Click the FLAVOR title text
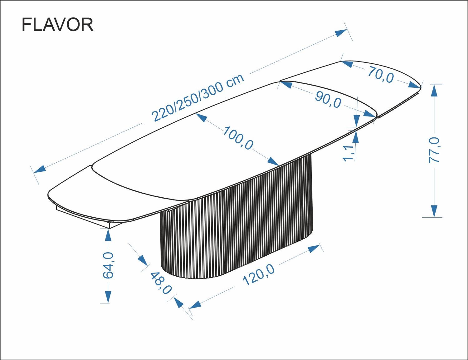[57, 25]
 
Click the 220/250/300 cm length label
[197, 97]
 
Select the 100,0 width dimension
[238, 138]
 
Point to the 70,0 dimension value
[381, 75]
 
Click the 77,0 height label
[434, 150]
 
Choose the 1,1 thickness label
[349, 153]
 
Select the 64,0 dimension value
[108, 265]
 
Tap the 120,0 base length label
[259, 274]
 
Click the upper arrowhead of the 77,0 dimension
[434, 90]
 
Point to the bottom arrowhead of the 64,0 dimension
[108, 297]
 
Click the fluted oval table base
[237, 225]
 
